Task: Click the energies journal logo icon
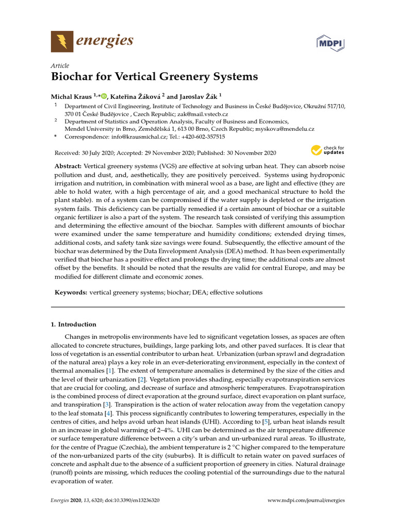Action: coord(62,41)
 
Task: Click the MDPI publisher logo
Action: coord(330,42)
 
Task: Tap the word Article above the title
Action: coord(59,65)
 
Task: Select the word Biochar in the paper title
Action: coord(71,77)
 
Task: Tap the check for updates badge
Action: coord(327,150)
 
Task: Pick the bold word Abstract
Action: coord(68,166)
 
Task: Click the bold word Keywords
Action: coord(71,292)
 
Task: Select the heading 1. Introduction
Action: coord(73,324)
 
